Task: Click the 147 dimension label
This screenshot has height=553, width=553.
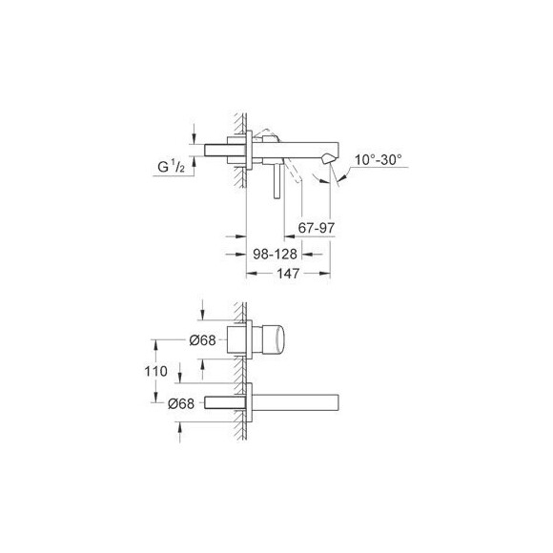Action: pyautogui.click(x=288, y=274)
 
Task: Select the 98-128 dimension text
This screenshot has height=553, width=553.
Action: pyautogui.click(x=276, y=254)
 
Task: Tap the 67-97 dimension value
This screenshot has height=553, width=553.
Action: pyautogui.click(x=316, y=228)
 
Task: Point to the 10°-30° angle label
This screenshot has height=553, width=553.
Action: pyautogui.click(x=379, y=160)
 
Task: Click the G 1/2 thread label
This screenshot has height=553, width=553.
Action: pyautogui.click(x=172, y=166)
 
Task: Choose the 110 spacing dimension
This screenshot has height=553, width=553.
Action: pyautogui.click(x=155, y=371)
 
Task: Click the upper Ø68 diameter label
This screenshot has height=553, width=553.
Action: pyautogui.click(x=202, y=340)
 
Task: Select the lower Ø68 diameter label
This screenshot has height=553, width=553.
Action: pyautogui.click(x=181, y=403)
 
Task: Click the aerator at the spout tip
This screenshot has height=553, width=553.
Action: pyautogui.click(x=327, y=158)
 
